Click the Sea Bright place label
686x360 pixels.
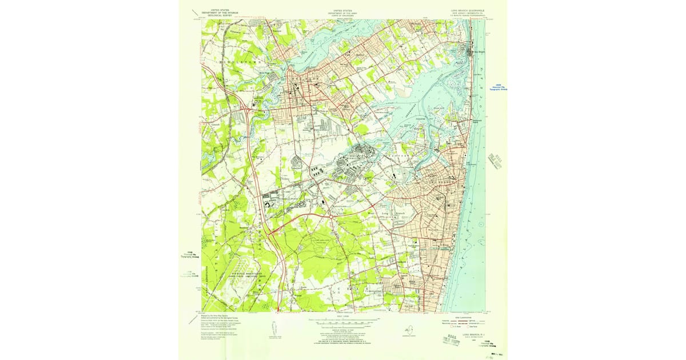pos(476,52)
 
